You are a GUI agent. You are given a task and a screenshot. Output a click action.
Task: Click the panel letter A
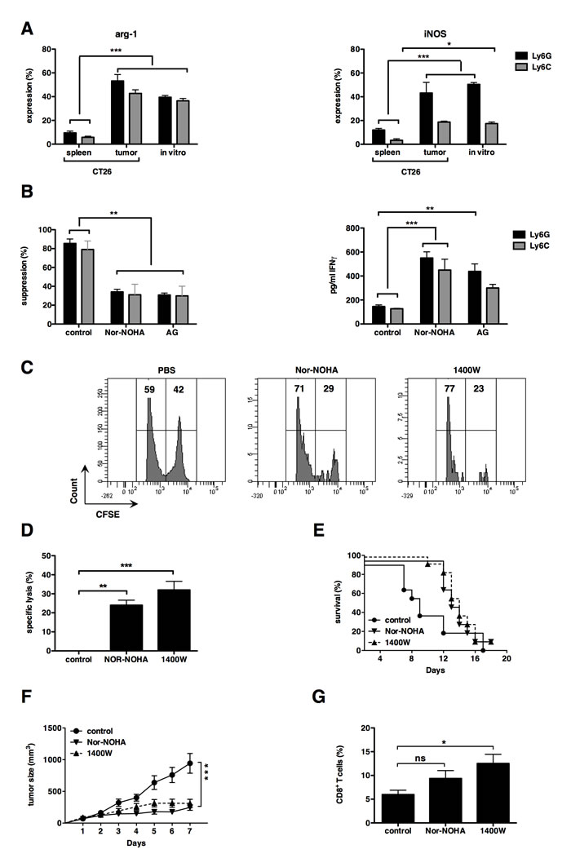click(x=27, y=29)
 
